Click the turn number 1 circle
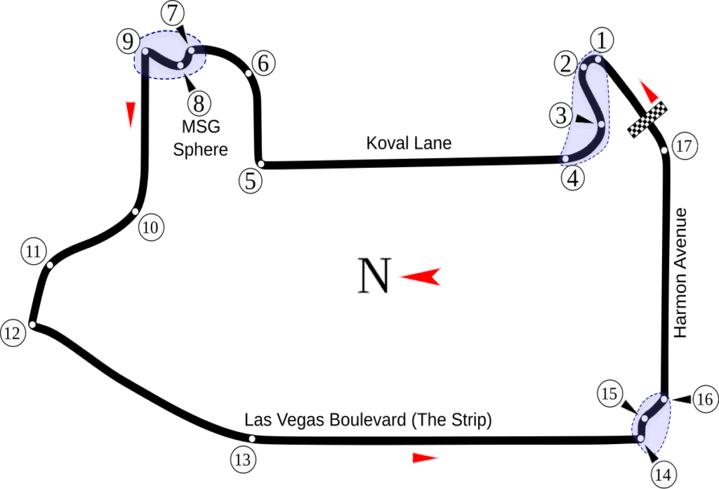pyautogui.click(x=602, y=40)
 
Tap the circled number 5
pyautogui.click(x=250, y=181)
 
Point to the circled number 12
pyautogui.click(x=12, y=333)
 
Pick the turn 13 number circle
pyautogui.click(x=242, y=460)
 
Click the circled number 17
pyautogui.click(x=685, y=147)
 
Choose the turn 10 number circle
pyautogui.click(x=151, y=227)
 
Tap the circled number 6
pyautogui.click(x=263, y=63)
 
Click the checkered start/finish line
pyautogui.click(x=647, y=120)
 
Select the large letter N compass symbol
pyautogui.click(x=374, y=275)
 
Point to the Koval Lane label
pyautogui.click(x=409, y=143)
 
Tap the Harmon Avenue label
pyautogui.click(x=680, y=273)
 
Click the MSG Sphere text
pyautogui.click(x=201, y=138)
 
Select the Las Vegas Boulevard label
pyautogui.click(x=368, y=421)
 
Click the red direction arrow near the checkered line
pyautogui.click(x=649, y=91)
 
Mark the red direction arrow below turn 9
pyautogui.click(x=130, y=115)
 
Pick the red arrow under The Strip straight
pyautogui.click(x=425, y=458)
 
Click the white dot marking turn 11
pyautogui.click(x=50, y=265)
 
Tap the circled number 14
pyautogui.click(x=662, y=475)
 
